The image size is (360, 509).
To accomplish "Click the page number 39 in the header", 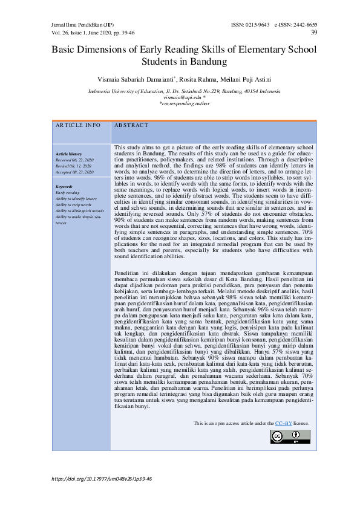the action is coord(313,32).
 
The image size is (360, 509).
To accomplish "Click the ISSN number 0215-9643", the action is coord(257,25).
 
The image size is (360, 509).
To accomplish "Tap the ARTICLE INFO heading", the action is coord(78,125).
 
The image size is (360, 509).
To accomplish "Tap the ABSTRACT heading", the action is coord(131,125).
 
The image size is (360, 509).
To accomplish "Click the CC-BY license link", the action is coord(284,423).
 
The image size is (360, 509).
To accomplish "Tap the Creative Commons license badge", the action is coord(290,436).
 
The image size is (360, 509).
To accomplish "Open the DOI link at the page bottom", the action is coord(102,478).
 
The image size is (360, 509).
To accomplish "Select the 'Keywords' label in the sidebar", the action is coord(64,187).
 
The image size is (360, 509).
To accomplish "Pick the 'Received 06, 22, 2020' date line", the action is coord(74,160).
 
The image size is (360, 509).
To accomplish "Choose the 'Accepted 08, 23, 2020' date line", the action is coord(74,172).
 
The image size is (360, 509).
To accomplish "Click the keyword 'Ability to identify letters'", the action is coord(76,198).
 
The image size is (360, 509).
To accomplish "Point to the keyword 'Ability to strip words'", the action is coord(73,204).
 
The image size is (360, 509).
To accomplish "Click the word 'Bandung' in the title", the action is coord(201,61).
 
